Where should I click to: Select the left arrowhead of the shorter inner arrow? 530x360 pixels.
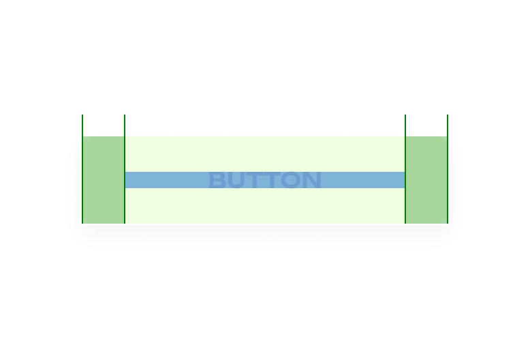click(x=127, y=125)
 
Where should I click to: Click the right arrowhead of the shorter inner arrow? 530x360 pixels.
click(x=403, y=125)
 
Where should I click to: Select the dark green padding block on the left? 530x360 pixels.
click(x=103, y=180)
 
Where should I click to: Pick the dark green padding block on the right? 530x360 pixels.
click(x=426, y=180)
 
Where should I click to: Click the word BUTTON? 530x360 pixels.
click(x=264, y=180)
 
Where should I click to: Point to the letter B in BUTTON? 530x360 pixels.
click(x=217, y=180)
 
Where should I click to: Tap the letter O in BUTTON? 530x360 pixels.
click(x=291, y=180)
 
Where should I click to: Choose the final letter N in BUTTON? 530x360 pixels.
click(x=312, y=180)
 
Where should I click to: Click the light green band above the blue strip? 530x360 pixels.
click(x=264, y=154)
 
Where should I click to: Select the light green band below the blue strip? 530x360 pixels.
click(x=264, y=205)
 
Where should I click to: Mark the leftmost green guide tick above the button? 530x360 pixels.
click(x=82, y=124)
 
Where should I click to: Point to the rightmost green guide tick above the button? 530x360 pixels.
click(x=448, y=124)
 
